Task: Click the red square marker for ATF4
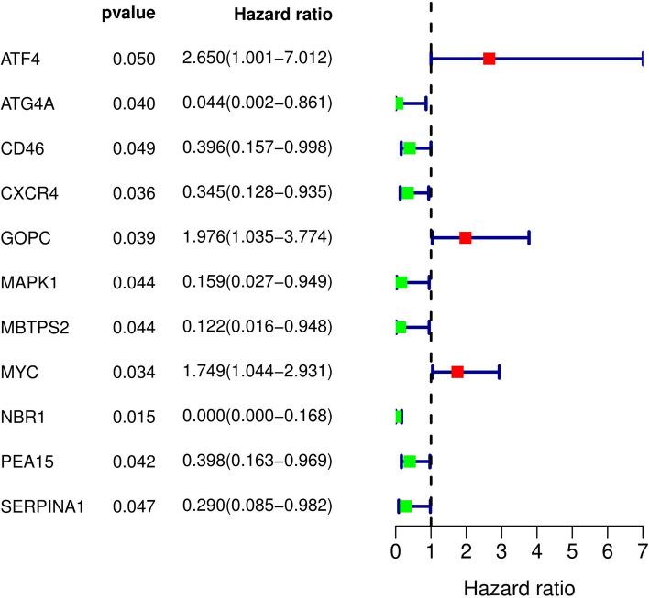489,59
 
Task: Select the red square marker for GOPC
465,238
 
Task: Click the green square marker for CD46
410,148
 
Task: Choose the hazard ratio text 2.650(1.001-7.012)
257,59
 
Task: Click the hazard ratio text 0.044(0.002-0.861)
257,103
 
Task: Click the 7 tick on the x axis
642,551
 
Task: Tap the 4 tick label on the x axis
536,551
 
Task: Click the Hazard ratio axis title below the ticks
519,583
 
